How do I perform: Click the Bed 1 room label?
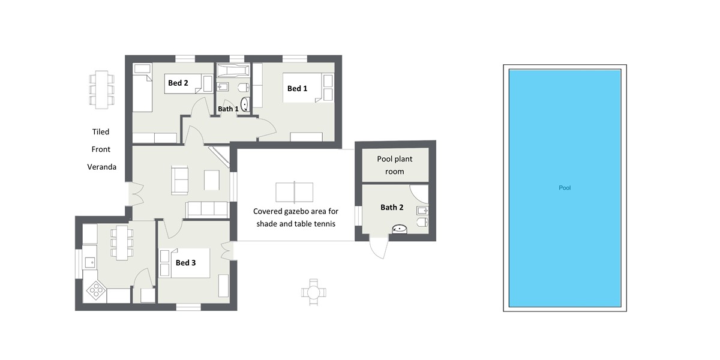(x=297, y=89)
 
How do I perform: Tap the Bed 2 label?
(x=178, y=83)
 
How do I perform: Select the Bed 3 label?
(x=185, y=263)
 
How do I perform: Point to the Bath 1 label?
(x=228, y=109)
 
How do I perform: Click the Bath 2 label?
(x=391, y=208)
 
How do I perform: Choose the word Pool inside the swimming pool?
(x=565, y=188)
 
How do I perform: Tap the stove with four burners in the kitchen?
(x=96, y=291)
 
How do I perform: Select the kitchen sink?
(x=89, y=261)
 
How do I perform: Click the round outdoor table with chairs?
(x=313, y=292)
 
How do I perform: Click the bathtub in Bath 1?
(x=232, y=70)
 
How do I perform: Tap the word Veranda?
(x=101, y=167)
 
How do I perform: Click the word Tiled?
(x=101, y=132)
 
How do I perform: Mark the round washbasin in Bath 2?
(x=400, y=229)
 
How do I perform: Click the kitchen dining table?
(x=122, y=242)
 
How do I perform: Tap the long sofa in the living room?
(x=207, y=209)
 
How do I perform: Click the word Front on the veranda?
(x=101, y=149)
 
